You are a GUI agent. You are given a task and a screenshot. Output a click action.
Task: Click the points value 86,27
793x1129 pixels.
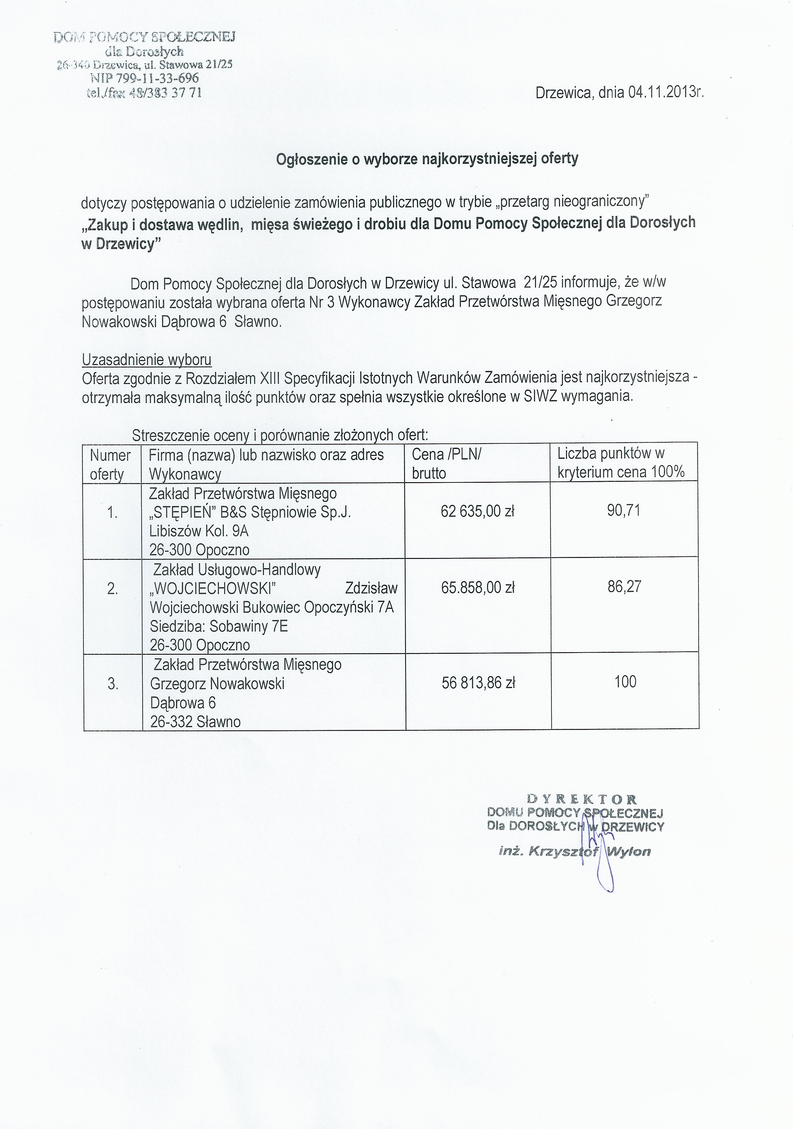[624, 586]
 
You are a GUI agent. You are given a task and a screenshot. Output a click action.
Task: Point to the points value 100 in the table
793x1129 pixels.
[625, 682]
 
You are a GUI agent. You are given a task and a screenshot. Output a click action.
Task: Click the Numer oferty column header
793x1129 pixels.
[110, 464]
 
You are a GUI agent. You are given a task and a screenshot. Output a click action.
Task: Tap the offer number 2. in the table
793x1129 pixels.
[113, 588]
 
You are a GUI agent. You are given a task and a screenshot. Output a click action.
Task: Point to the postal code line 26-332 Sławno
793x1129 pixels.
[195, 721]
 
